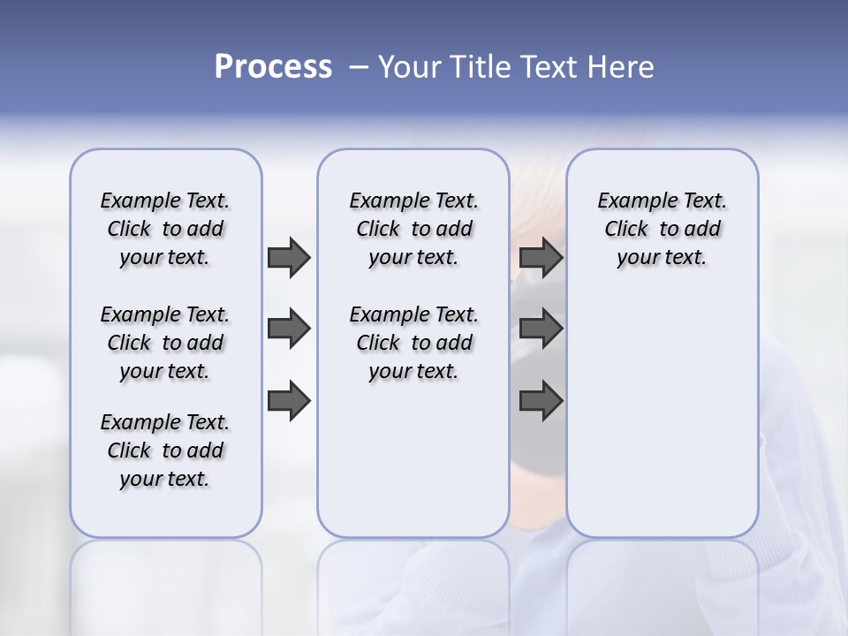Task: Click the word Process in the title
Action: click(273, 67)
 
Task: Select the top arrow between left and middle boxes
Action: click(288, 257)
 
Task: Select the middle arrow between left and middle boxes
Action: click(288, 329)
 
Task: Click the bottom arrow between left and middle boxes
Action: click(288, 401)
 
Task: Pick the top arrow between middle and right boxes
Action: click(541, 257)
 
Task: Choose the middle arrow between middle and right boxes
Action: click(541, 329)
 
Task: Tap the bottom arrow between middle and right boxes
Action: click(541, 401)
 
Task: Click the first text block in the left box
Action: click(165, 229)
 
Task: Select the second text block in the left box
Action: click(165, 343)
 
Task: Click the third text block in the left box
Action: click(165, 450)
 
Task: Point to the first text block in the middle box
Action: click(413, 229)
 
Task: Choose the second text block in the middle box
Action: click(413, 343)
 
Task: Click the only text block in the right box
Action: click(662, 229)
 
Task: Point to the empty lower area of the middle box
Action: click(413, 459)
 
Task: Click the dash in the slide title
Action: click(358, 67)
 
